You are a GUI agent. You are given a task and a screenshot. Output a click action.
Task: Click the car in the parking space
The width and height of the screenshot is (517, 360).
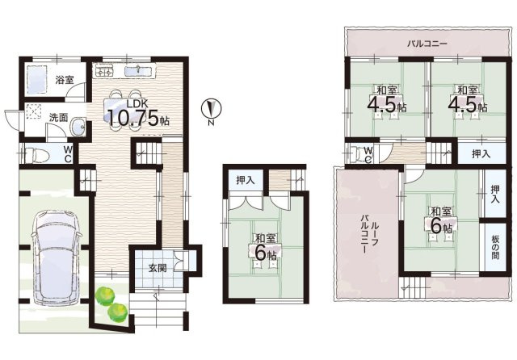[x=56, y=259]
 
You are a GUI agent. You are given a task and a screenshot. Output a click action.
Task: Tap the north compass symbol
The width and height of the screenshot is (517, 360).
[x=212, y=108]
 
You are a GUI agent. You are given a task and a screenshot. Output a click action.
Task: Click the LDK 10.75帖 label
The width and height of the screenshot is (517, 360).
[x=138, y=114]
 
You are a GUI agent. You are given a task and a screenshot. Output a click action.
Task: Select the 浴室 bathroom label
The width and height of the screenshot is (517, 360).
[x=65, y=79]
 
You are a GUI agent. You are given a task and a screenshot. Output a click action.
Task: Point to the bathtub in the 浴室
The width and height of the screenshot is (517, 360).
[x=36, y=78]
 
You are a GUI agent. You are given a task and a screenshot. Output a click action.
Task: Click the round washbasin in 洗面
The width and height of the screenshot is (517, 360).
[x=78, y=127]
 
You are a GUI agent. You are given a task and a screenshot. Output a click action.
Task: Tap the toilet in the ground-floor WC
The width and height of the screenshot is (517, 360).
[x=33, y=155]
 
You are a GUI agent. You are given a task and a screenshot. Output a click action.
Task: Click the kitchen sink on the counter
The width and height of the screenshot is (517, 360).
[x=138, y=70]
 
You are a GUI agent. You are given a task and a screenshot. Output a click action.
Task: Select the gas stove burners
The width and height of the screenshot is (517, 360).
[x=104, y=71]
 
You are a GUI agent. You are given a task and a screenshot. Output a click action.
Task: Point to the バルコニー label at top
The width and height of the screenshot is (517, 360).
[x=427, y=43]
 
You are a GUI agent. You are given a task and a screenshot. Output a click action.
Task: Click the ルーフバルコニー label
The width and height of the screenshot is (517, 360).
[x=369, y=234]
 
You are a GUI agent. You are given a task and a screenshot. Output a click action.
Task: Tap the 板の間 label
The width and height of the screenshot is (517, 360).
[x=495, y=247]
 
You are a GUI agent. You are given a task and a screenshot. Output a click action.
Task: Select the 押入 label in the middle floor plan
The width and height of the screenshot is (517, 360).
[x=246, y=180]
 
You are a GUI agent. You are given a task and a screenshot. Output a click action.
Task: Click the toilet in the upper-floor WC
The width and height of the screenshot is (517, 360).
[x=357, y=153]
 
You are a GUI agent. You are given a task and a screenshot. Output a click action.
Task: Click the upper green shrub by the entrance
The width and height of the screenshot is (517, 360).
[x=105, y=295]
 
